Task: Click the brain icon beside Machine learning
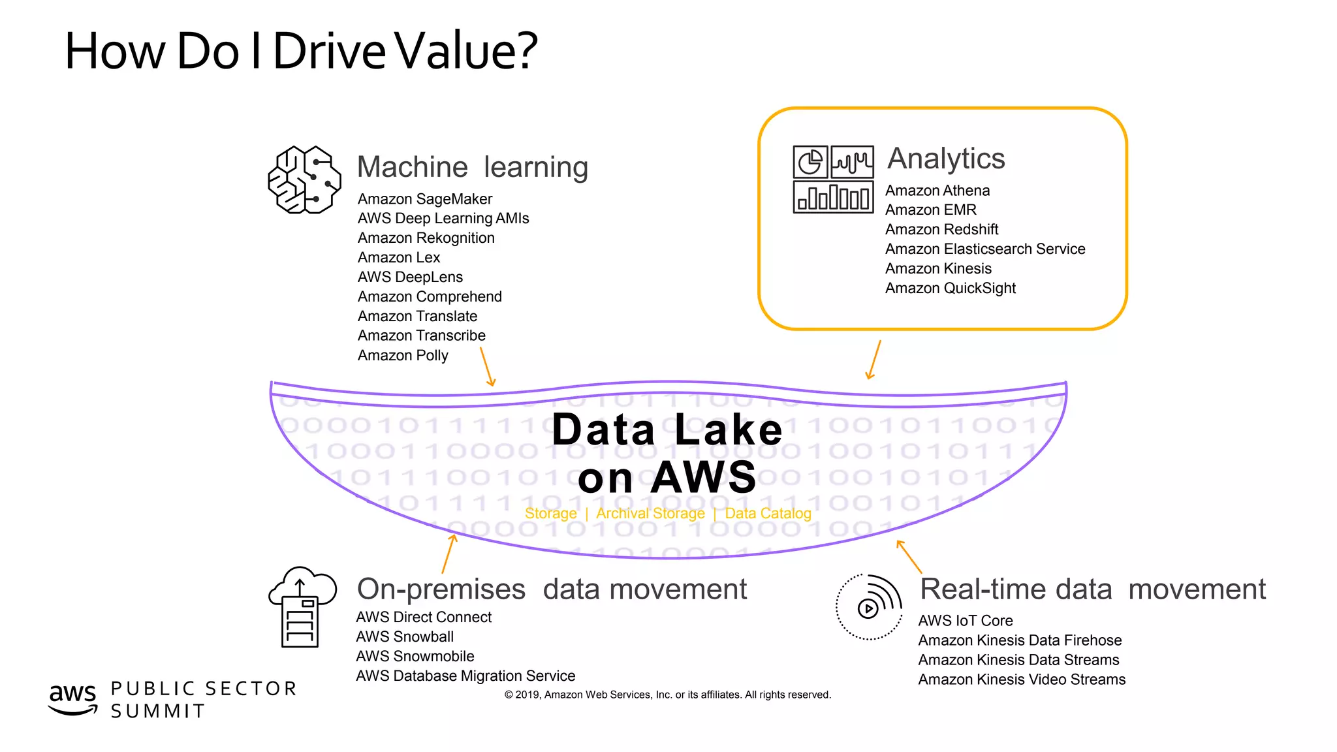pyautogui.click(x=304, y=180)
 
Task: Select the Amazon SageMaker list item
pyautogui.click(x=424, y=199)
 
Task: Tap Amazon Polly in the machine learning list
pyautogui.click(x=403, y=356)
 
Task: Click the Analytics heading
pyautogui.click(x=945, y=159)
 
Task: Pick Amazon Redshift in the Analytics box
pyautogui.click(x=941, y=230)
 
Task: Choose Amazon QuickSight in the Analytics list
pyautogui.click(x=950, y=289)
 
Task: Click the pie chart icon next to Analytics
pyautogui.click(x=810, y=162)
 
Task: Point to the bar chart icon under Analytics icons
pyautogui.click(x=833, y=197)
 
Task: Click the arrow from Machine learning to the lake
pyautogui.click(x=487, y=367)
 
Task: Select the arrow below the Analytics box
pyautogui.click(x=873, y=360)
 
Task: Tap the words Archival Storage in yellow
pyautogui.click(x=650, y=514)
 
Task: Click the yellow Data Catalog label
pyautogui.click(x=768, y=514)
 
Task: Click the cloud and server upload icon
pyautogui.click(x=302, y=606)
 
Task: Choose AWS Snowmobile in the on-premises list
pyautogui.click(x=415, y=657)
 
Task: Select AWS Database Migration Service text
pyautogui.click(x=465, y=676)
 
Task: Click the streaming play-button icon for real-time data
pyautogui.click(x=869, y=607)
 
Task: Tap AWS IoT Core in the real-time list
pyautogui.click(x=965, y=621)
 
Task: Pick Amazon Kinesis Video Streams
pyautogui.click(x=1022, y=680)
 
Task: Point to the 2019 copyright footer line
pyautogui.click(x=667, y=695)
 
